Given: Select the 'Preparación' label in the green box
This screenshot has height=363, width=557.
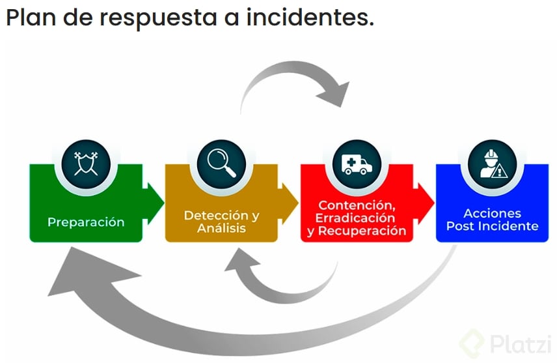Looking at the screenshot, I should coord(86,222).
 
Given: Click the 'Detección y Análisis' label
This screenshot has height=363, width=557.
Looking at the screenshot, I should coord(221,222).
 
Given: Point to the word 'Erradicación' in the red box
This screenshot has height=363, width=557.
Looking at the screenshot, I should coord(355,218).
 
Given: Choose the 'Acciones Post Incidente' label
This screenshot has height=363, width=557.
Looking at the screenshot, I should coord(492,220).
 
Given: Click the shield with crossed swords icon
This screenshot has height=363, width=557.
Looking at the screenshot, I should coord(86,160).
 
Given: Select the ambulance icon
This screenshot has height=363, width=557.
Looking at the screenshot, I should coord(357,160).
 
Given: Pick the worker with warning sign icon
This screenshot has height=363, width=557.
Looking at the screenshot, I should coord(492,160).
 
